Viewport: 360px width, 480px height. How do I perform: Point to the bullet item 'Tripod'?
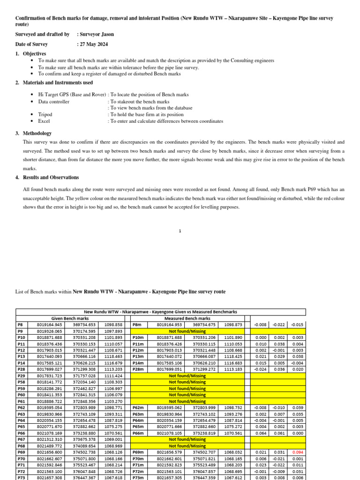45,114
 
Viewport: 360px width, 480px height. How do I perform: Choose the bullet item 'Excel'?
44,121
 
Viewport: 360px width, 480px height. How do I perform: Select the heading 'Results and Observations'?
51,178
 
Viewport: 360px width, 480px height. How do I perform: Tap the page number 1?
180,231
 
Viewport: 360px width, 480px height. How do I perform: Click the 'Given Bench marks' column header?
70,318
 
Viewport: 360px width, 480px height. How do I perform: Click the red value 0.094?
296,452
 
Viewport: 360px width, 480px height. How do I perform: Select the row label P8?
20,324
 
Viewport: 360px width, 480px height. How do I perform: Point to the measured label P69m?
138,452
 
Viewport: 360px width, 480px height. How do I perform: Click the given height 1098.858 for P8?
113,324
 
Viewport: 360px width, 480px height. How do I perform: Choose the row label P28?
21,369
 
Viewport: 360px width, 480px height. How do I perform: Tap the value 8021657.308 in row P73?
50,478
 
